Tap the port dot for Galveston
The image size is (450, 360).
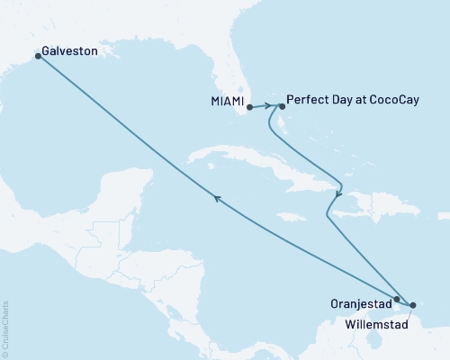pyautogui.click(x=38, y=56)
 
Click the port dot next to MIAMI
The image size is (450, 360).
pyautogui.click(x=249, y=107)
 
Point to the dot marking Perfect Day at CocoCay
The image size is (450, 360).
pyautogui.click(x=282, y=105)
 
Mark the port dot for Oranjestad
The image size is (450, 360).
pyautogui.click(x=397, y=298)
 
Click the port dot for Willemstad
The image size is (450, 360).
pyautogui.click(x=413, y=303)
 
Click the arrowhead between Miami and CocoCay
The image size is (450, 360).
pyautogui.click(x=267, y=105)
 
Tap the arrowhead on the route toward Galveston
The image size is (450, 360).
pyautogui.click(x=215, y=200)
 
